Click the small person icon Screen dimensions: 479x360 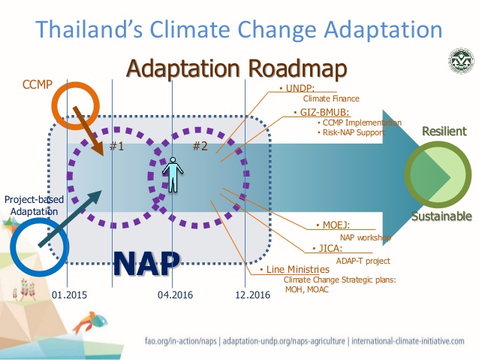(x=173, y=174)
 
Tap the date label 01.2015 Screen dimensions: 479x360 (x=69, y=295)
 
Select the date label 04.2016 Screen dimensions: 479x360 (x=176, y=295)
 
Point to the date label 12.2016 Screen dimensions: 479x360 (x=252, y=295)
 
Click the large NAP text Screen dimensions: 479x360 (x=146, y=264)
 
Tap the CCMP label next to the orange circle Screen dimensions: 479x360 (x=38, y=84)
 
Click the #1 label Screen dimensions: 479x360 (x=116, y=147)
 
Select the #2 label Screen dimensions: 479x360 (x=200, y=147)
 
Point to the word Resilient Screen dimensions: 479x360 (x=444, y=132)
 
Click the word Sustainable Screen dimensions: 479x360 (x=441, y=216)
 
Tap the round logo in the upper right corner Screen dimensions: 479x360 (x=461, y=60)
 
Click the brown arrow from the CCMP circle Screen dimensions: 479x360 (x=89, y=131)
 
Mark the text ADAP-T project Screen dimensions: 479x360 (x=363, y=261)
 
